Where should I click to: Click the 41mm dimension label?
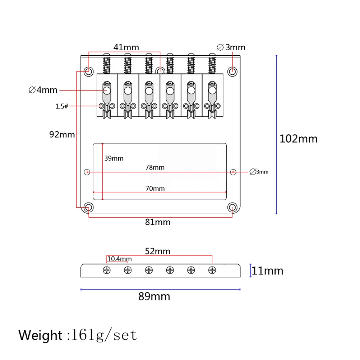pos(126,47)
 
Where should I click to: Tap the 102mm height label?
pos(299,139)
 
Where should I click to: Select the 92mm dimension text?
pos(62,134)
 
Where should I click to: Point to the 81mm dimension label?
pos(158,222)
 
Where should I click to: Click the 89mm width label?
pos(154,297)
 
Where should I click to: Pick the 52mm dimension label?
pos(157,251)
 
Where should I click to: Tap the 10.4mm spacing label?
pos(120,259)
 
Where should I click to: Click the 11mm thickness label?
pos(267,271)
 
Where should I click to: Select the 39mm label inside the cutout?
pos(114,158)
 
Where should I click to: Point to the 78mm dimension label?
pos(155,167)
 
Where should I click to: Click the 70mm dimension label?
pos(155,189)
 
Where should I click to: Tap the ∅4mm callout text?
pos(43,90)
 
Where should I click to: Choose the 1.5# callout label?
pos(62,106)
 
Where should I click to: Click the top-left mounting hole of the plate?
pos(88,70)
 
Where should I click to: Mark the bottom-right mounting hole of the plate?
pos(233,207)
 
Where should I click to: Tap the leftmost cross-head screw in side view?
pos(107,270)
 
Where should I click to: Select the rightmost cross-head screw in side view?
pos(213,270)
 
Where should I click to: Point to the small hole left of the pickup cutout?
pos(87,172)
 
